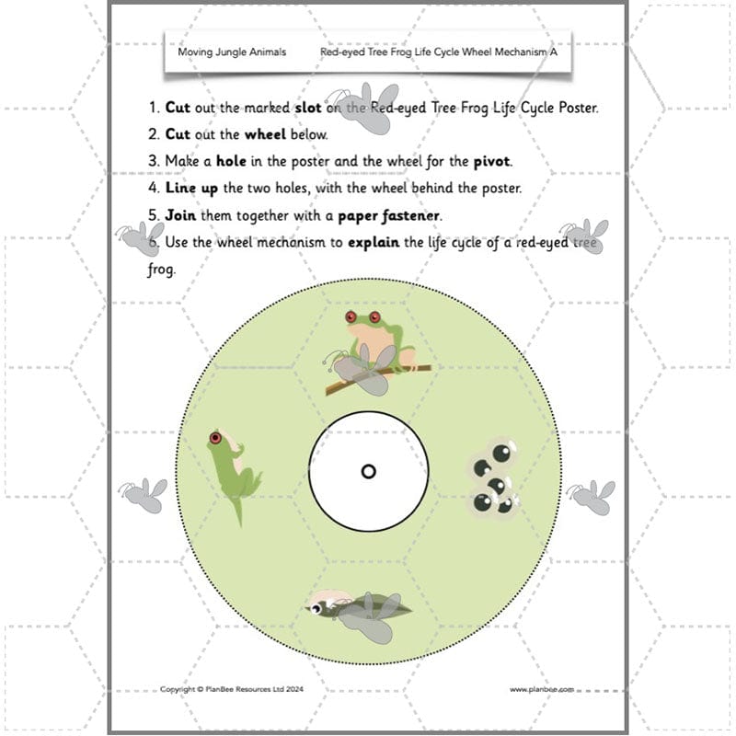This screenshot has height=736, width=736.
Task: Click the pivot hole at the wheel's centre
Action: coord(368,471)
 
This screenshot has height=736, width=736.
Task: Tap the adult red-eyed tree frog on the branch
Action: coord(375,339)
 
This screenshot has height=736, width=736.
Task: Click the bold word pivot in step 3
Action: coord(491,161)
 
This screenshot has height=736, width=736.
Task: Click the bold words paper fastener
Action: coord(390,216)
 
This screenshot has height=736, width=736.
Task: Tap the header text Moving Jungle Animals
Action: coord(231,52)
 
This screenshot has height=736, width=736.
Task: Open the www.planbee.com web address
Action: coord(542,689)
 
